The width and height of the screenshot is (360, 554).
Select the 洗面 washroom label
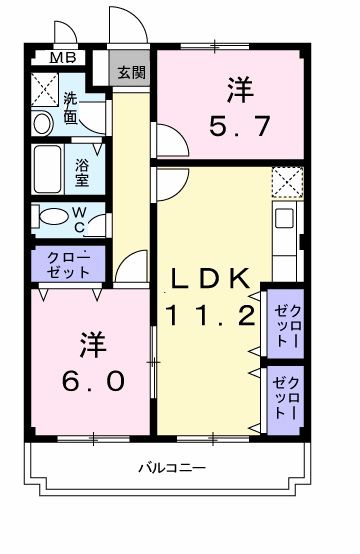coord(74,107)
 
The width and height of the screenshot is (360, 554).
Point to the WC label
coord(80,217)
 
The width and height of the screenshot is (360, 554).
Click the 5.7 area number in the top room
coord(237,129)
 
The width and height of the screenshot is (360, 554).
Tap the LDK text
coord(208,280)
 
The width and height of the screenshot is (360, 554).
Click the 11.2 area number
coord(208,318)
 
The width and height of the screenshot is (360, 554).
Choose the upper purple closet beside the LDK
coord(285,321)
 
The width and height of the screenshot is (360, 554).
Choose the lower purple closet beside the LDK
coord(285,397)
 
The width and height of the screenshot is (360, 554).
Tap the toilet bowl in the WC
coord(45,217)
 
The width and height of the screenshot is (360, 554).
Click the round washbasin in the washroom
coord(43,124)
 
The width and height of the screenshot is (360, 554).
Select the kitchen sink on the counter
coord(284,218)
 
